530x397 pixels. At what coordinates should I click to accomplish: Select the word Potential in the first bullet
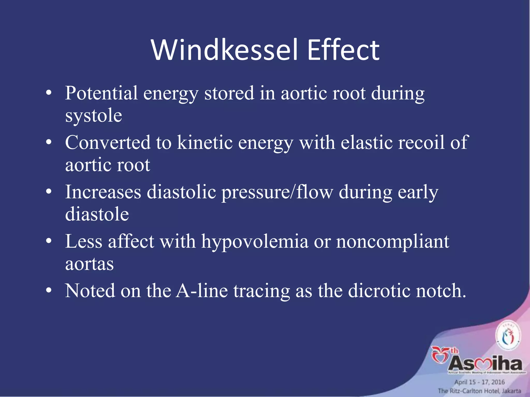point(101,93)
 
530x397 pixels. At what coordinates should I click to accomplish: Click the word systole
point(93,116)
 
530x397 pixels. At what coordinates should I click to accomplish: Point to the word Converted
point(108,142)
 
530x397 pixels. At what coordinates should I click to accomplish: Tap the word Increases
point(103,192)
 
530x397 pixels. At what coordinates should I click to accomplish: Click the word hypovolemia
point(255,242)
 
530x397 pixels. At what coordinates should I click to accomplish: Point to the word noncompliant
point(393,242)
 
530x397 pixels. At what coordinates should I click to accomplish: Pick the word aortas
point(89,264)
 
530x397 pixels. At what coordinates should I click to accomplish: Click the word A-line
point(202,291)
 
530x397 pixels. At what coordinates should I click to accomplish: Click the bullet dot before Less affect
point(49,241)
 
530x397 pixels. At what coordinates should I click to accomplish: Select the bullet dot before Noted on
point(49,291)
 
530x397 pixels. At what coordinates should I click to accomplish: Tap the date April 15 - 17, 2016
point(479,382)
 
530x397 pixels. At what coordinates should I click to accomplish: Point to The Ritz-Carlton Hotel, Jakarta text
point(479,391)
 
